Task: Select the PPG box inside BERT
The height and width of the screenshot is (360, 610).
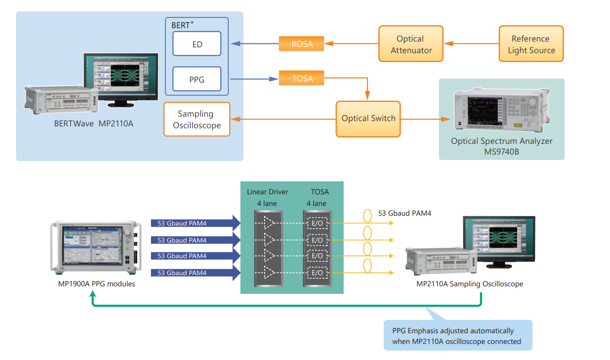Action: click(197, 80)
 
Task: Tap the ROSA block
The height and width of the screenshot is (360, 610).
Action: click(302, 44)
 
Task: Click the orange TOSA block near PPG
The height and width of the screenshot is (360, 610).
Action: click(302, 78)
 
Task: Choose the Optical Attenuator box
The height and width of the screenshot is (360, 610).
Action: click(411, 44)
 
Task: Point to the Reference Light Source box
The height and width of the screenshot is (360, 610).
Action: click(531, 44)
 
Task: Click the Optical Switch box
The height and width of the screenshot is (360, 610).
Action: click(368, 119)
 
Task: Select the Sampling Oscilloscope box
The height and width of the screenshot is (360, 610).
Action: click(197, 119)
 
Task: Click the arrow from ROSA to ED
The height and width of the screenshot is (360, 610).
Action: click(255, 44)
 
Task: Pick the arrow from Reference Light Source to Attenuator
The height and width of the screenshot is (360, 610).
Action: click(471, 44)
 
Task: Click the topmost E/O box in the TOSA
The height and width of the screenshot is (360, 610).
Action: click(317, 223)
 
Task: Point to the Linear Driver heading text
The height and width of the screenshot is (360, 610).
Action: click(267, 192)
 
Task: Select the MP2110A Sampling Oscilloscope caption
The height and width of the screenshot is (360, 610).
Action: click(469, 284)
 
